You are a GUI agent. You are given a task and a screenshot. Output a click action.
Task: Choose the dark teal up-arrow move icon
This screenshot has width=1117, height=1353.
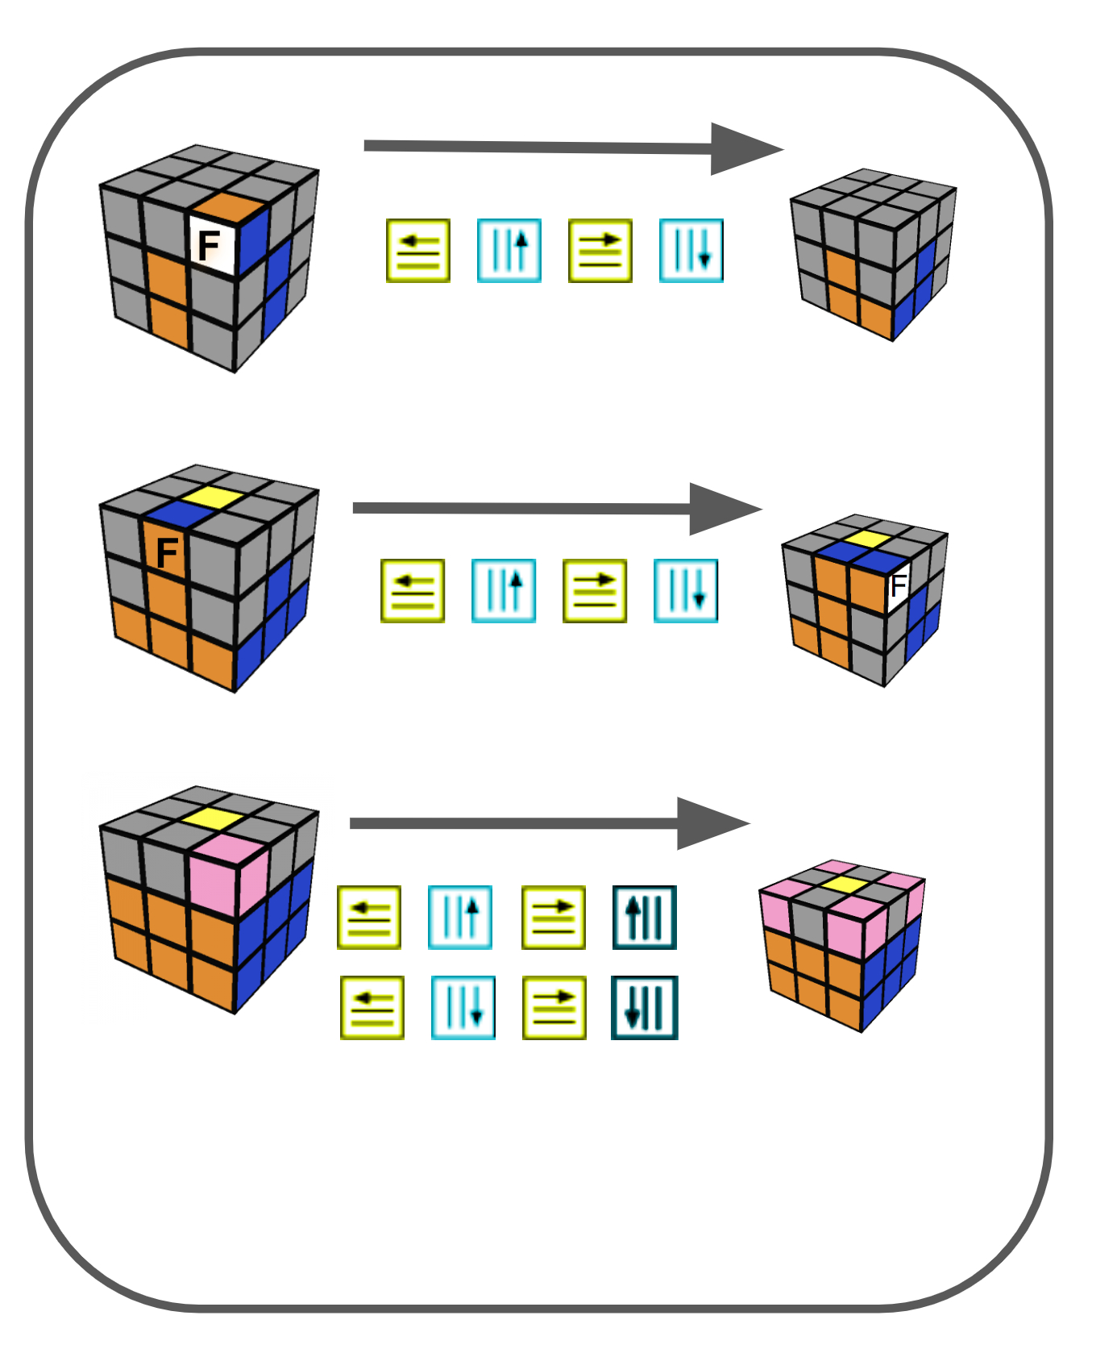tap(644, 917)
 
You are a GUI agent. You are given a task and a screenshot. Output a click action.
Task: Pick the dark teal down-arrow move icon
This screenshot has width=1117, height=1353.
tap(644, 1007)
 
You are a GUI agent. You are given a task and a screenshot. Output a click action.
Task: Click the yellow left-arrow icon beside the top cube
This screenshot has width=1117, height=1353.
tap(418, 250)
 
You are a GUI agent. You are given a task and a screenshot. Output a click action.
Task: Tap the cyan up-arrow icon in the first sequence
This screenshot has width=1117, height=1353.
tap(509, 250)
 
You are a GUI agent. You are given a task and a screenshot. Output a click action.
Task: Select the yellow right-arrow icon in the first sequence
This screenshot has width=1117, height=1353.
tap(600, 250)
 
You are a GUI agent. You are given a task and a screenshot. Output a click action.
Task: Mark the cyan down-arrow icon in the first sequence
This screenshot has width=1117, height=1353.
tap(691, 250)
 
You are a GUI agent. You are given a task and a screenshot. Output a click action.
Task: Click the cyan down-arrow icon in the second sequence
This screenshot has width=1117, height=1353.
tap(685, 590)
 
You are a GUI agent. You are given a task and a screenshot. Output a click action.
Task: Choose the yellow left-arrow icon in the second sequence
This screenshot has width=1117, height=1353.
tap(413, 590)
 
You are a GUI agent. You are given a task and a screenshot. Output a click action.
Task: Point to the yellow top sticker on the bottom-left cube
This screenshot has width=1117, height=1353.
tap(212, 819)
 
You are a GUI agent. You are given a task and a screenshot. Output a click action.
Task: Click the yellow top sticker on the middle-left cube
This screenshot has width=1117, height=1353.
tap(212, 497)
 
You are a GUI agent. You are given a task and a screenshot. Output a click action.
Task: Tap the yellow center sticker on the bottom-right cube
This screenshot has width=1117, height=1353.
tap(845, 884)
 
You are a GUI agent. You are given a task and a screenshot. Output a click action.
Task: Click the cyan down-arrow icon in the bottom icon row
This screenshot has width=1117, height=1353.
tap(463, 1007)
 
